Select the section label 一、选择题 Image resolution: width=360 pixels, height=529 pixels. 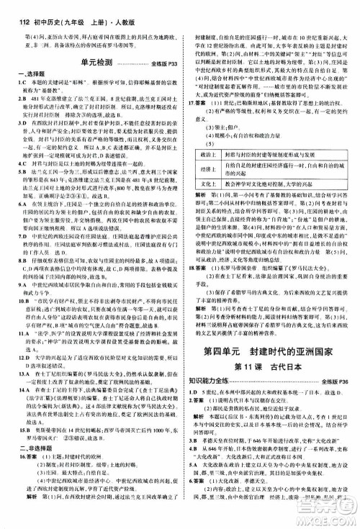(22, 75)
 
